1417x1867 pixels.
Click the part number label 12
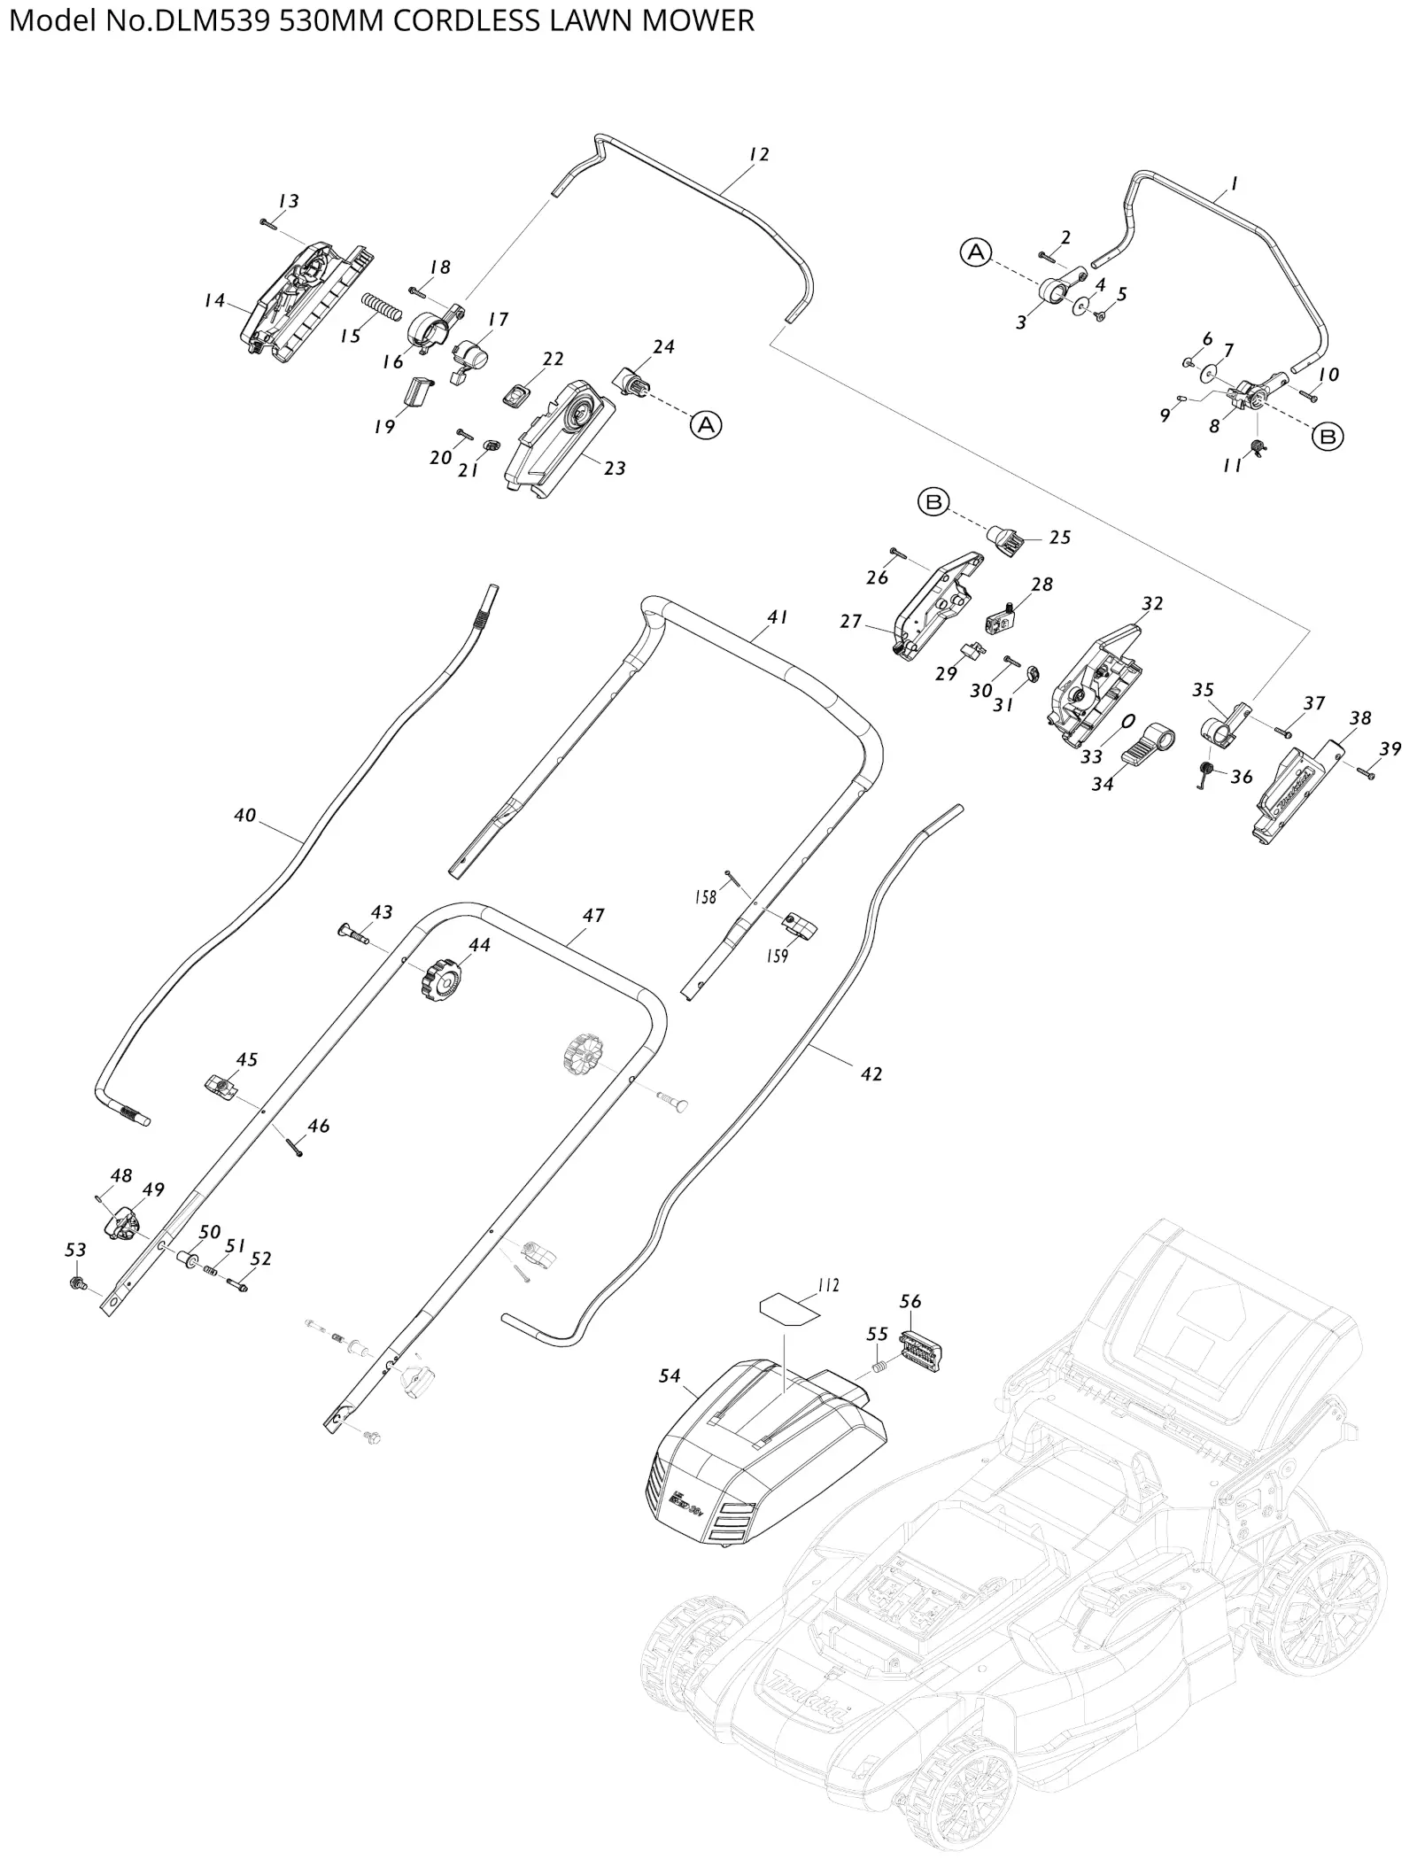pos(758,154)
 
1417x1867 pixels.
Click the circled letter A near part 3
pos(975,252)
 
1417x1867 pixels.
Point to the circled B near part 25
pos(933,502)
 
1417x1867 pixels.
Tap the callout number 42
pos(871,1073)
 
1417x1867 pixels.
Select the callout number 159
pos(777,956)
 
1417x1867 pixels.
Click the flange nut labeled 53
pos(78,1282)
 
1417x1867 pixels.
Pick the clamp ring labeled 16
pos(428,332)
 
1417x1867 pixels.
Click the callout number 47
pos(593,915)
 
